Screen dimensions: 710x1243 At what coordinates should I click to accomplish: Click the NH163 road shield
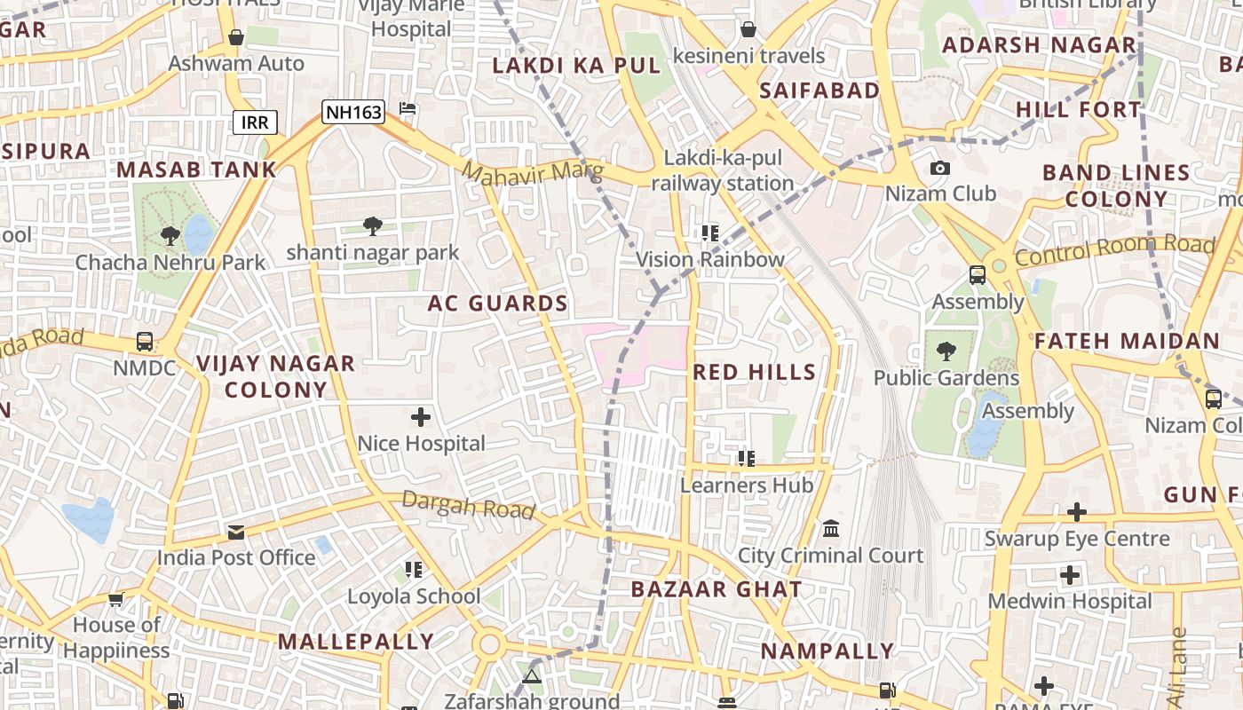click(x=353, y=112)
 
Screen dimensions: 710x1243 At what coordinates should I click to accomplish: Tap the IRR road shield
click(x=255, y=122)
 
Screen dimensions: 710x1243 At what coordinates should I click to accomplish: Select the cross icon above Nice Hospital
click(x=421, y=416)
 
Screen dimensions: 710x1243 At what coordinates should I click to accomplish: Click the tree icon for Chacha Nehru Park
click(x=170, y=236)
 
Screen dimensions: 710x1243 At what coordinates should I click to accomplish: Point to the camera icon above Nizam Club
click(x=939, y=168)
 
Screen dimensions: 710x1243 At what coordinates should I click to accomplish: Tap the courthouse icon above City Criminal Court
click(x=831, y=529)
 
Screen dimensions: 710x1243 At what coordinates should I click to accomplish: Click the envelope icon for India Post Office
click(x=236, y=532)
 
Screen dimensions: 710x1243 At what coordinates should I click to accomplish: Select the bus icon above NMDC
click(x=144, y=341)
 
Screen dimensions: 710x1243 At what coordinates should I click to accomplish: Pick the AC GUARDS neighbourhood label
click(x=497, y=304)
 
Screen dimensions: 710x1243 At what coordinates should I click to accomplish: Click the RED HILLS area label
click(x=754, y=372)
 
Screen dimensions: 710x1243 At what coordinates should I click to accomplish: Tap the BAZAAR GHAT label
click(x=717, y=589)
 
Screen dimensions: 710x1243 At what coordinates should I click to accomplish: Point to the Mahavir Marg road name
click(x=533, y=172)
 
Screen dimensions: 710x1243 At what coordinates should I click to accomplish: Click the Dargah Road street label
click(x=469, y=504)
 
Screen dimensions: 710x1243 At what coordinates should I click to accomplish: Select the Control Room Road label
click(x=1115, y=250)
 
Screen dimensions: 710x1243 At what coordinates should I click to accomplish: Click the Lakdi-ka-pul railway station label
click(x=722, y=171)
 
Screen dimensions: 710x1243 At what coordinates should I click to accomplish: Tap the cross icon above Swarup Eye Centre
click(x=1076, y=512)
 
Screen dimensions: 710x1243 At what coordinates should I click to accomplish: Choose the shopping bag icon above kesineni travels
click(x=748, y=29)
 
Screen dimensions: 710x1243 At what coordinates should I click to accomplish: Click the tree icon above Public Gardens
click(x=946, y=351)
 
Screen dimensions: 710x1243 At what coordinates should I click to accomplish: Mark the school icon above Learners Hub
click(x=746, y=459)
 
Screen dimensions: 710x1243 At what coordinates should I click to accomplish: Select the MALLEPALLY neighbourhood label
click(x=356, y=642)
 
